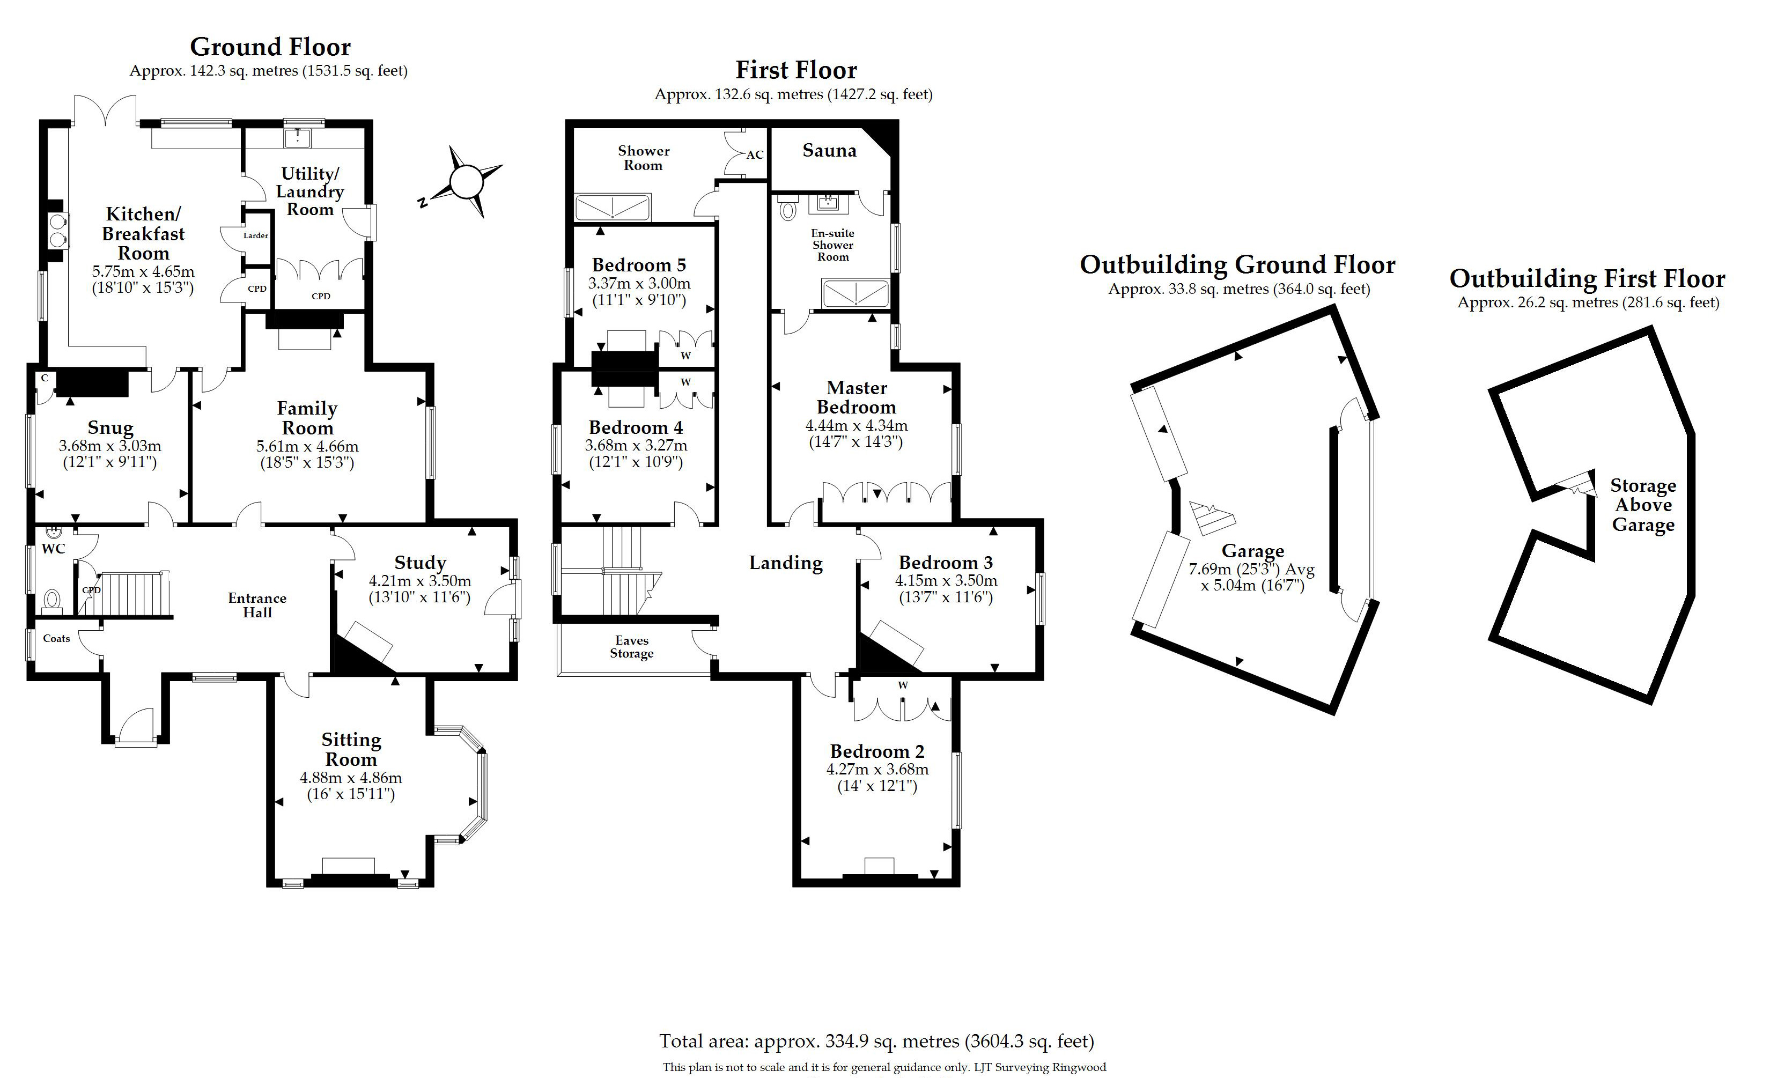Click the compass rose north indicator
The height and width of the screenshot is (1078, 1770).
point(423,202)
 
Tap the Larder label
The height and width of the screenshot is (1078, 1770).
point(256,235)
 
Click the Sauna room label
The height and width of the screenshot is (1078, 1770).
point(829,151)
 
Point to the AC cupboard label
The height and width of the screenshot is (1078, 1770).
point(754,155)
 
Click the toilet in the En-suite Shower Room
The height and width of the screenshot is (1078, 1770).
point(788,210)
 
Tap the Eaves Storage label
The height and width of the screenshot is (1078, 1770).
point(631,646)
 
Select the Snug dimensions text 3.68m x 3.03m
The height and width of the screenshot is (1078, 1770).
point(110,446)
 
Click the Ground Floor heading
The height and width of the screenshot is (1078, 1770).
point(270,47)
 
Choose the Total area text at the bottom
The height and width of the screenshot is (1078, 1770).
point(876,1040)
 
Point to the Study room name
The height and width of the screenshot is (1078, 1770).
point(420,563)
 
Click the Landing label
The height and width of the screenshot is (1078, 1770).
point(786,563)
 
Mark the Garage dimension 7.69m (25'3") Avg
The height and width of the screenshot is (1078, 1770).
point(1251,570)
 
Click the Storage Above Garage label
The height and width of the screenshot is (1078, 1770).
point(1643,505)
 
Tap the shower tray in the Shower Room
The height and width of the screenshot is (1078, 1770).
point(613,207)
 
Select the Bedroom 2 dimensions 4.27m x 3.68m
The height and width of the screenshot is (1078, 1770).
point(877,769)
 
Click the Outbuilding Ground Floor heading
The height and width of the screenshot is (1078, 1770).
point(1237,265)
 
